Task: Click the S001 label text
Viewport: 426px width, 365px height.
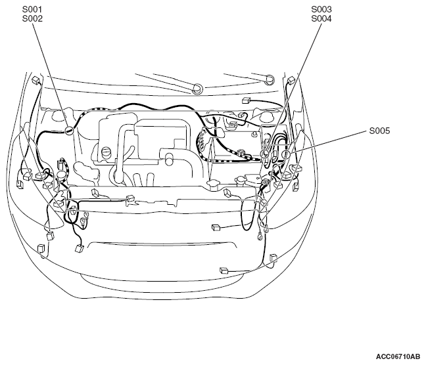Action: [32, 9]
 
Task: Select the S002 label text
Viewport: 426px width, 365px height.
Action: [32, 19]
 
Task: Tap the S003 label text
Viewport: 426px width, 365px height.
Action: [321, 9]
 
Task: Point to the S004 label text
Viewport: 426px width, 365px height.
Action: [321, 19]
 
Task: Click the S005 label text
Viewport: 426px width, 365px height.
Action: [379, 131]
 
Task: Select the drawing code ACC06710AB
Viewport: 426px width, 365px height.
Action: [398, 356]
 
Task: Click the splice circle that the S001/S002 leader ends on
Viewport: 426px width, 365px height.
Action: [69, 131]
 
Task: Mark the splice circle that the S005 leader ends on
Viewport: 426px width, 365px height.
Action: [285, 155]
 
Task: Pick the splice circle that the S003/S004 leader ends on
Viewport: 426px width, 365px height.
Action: [265, 154]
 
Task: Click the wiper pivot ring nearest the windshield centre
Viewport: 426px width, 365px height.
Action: [197, 89]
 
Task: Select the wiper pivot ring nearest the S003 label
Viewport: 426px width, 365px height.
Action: [270, 79]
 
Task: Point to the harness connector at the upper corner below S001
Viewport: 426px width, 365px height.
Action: [35, 80]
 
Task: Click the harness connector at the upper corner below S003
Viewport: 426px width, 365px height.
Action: [291, 80]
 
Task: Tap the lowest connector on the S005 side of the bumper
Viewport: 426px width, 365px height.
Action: [224, 270]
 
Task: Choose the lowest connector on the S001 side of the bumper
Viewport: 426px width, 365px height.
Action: [41, 248]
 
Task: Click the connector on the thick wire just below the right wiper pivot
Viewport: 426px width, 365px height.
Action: [246, 100]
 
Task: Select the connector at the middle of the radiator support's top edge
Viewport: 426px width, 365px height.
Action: [130, 198]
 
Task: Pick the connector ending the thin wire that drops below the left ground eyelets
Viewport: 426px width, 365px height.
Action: [80, 248]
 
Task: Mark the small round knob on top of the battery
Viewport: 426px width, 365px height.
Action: [254, 135]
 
